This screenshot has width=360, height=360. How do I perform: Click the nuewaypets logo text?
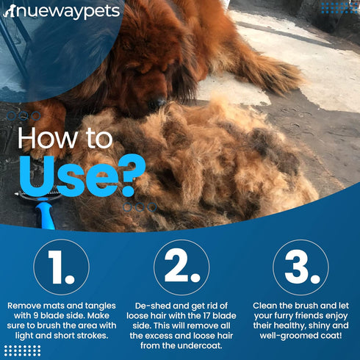pyautogui.click(x=62, y=11)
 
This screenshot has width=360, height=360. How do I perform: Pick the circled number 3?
pyautogui.click(x=300, y=267)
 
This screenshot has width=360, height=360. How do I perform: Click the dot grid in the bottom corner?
pyautogui.click(x=22, y=350)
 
